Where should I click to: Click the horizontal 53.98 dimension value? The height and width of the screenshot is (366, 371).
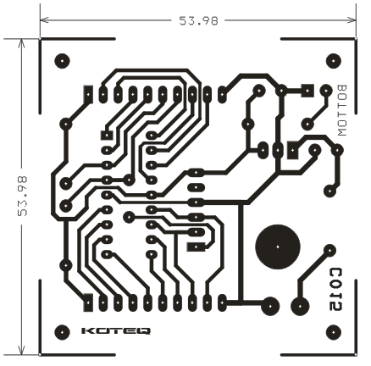tap(199, 20)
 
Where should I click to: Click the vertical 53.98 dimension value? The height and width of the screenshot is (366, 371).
tap(22, 197)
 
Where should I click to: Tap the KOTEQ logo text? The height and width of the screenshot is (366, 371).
tap(116, 331)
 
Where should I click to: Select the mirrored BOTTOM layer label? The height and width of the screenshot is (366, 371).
tap(342, 110)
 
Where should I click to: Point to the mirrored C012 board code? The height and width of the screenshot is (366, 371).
tap(336, 290)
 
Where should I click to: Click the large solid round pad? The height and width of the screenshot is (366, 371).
tap(278, 247)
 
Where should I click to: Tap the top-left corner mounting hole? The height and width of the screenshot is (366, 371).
tap(62, 61)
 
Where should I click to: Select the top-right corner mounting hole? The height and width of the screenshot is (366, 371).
tap(334, 61)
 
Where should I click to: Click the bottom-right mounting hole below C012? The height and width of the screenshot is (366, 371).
tap(334, 332)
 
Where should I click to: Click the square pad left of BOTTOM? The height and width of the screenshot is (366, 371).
tap(307, 91)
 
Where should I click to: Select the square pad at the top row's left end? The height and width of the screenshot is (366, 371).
tap(88, 94)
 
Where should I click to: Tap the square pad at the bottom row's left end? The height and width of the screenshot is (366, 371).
tap(88, 302)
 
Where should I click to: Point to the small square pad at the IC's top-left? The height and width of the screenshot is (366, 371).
tap(107, 136)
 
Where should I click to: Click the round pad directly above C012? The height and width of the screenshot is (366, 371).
tap(329, 250)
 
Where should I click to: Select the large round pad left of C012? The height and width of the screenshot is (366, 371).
tap(300, 306)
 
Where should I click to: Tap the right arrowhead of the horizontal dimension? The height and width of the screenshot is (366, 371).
tap(352, 20)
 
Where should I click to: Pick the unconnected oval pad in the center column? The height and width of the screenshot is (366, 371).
tap(196, 187)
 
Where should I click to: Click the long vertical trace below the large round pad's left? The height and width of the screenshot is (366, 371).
tap(241, 252)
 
